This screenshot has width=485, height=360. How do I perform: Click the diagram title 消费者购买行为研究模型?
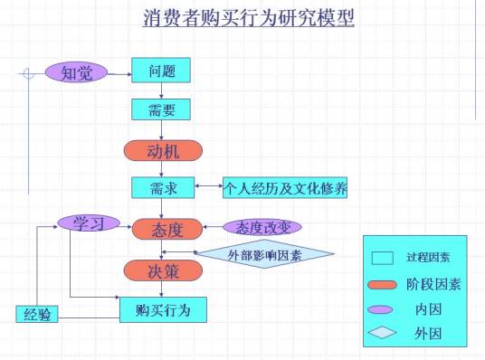(x=248, y=19)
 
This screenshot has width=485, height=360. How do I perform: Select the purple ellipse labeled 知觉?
(x=76, y=72)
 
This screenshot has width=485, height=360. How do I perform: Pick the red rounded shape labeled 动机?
(x=162, y=150)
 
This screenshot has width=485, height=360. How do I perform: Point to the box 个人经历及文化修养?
(x=285, y=188)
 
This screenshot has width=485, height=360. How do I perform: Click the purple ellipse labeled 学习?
(x=89, y=223)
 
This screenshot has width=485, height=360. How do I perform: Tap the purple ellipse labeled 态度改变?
(x=262, y=227)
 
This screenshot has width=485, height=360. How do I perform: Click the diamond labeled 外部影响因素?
(x=265, y=254)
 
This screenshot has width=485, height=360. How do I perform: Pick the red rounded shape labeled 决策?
(x=162, y=270)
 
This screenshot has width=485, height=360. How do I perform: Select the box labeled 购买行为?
(x=163, y=309)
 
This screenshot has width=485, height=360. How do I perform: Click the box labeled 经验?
(x=37, y=314)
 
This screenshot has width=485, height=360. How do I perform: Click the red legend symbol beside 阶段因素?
(x=383, y=284)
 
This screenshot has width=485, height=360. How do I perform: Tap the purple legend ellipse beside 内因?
(x=382, y=308)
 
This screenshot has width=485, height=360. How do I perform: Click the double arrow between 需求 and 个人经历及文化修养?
(x=208, y=188)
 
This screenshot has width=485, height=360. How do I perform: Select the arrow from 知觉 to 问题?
(x=119, y=71)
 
